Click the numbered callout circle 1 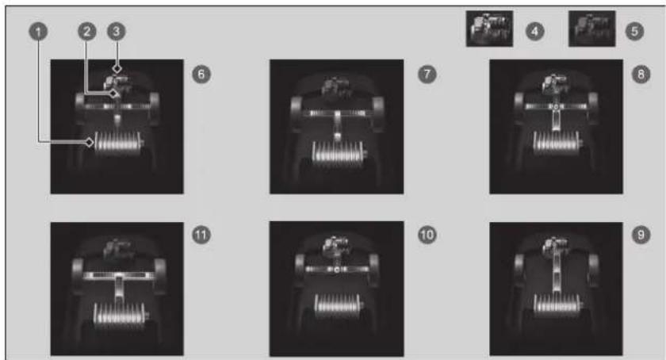pyautogui.click(x=38, y=32)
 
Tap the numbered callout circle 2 pyautogui.click(x=87, y=31)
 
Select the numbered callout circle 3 pyautogui.click(x=117, y=31)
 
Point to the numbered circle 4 pyautogui.click(x=534, y=31)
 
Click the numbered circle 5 pyautogui.click(x=634, y=31)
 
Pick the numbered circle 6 pyautogui.click(x=201, y=75)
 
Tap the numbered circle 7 pyautogui.click(x=427, y=75)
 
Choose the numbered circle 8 pyautogui.click(x=641, y=75)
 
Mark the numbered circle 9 pyautogui.click(x=641, y=235)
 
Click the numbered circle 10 pyautogui.click(x=427, y=235)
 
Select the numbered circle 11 pyautogui.click(x=201, y=235)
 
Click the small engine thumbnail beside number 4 pyautogui.click(x=489, y=29)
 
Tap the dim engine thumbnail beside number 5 pyautogui.click(x=592, y=29)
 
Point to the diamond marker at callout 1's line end pyautogui.click(x=90, y=142)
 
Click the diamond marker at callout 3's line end pyautogui.click(x=117, y=68)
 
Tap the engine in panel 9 pyautogui.click(x=556, y=246)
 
